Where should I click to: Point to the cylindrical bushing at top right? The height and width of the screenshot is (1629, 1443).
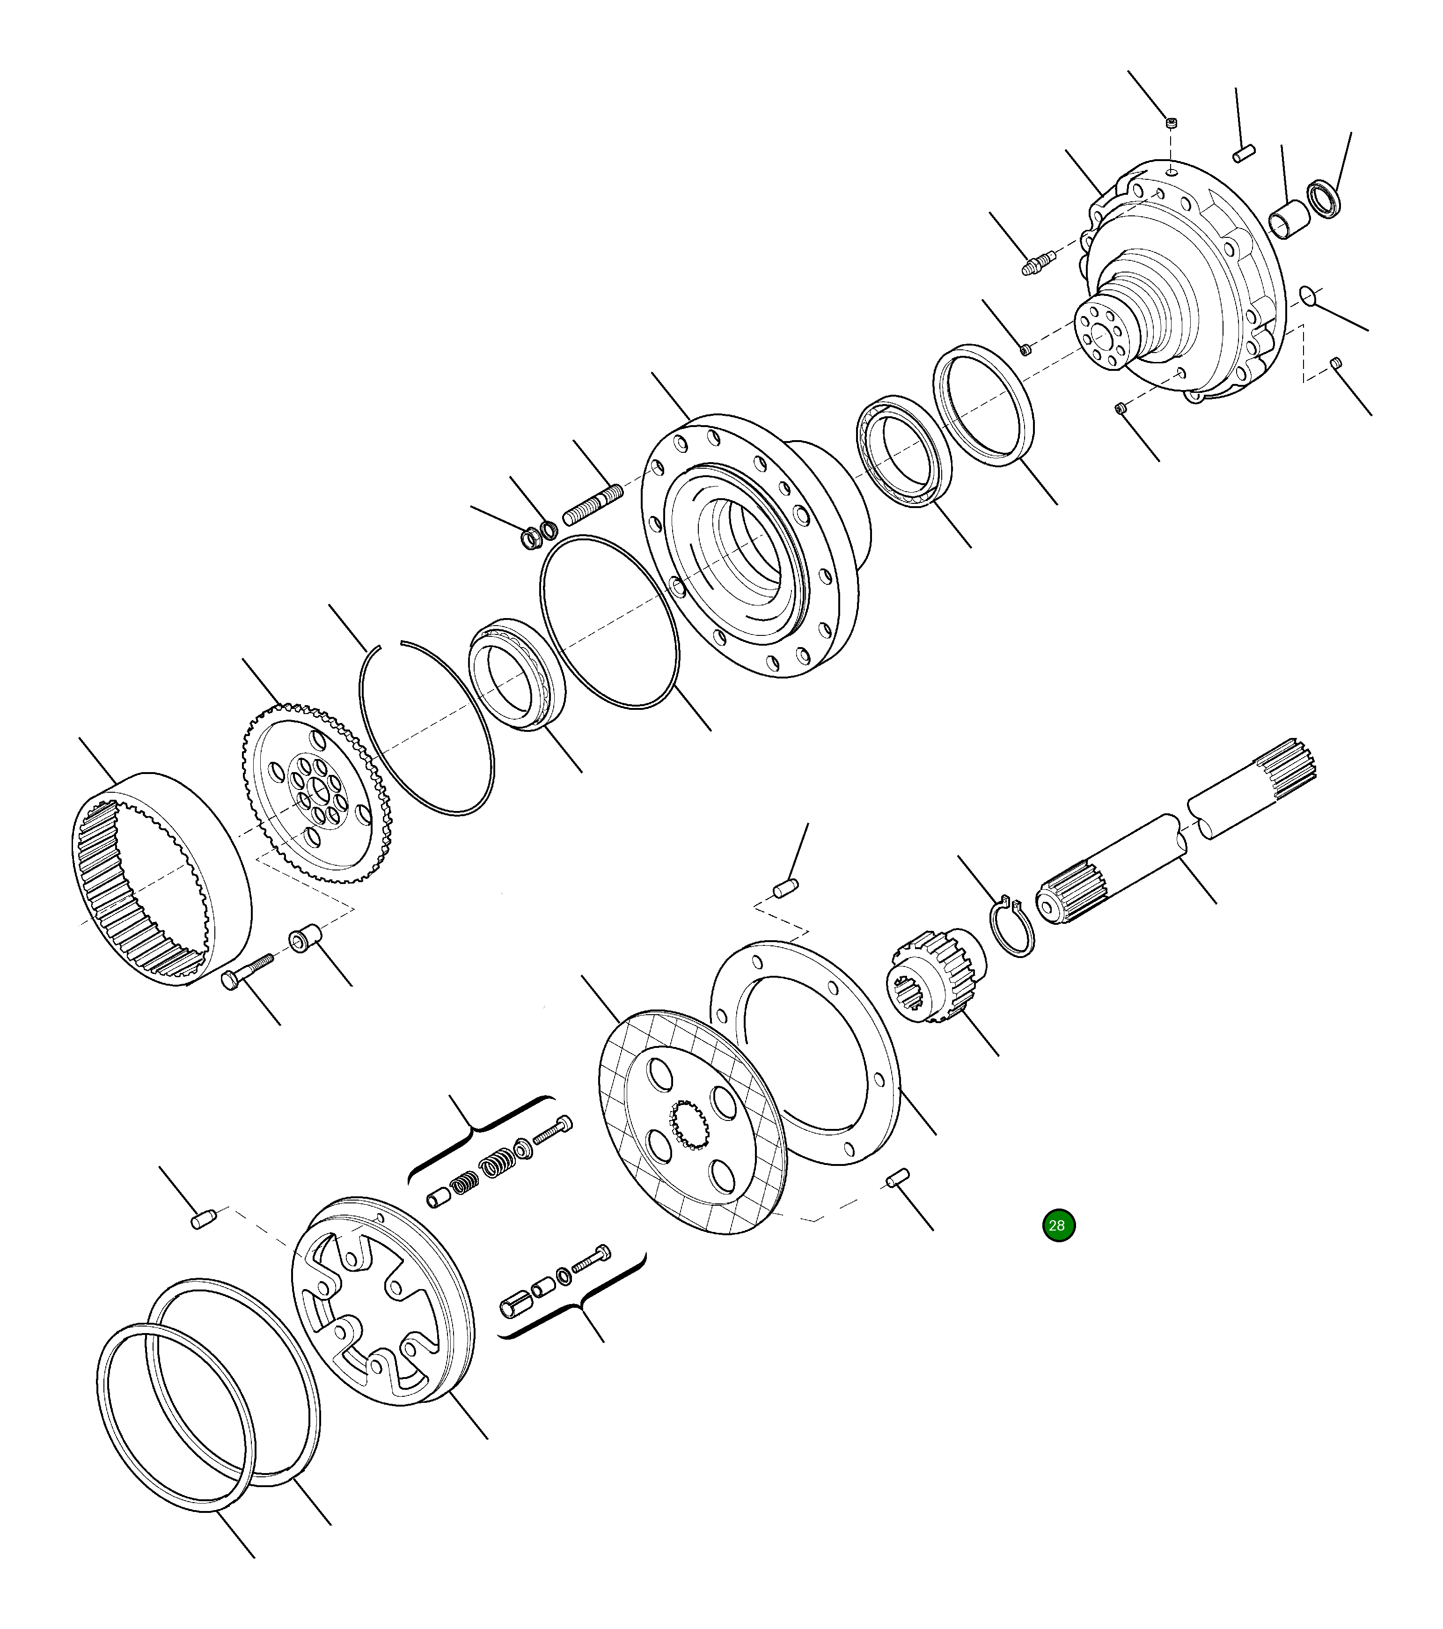[x=1289, y=221]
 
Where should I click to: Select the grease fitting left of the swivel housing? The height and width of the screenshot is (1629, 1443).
[x=1038, y=261]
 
